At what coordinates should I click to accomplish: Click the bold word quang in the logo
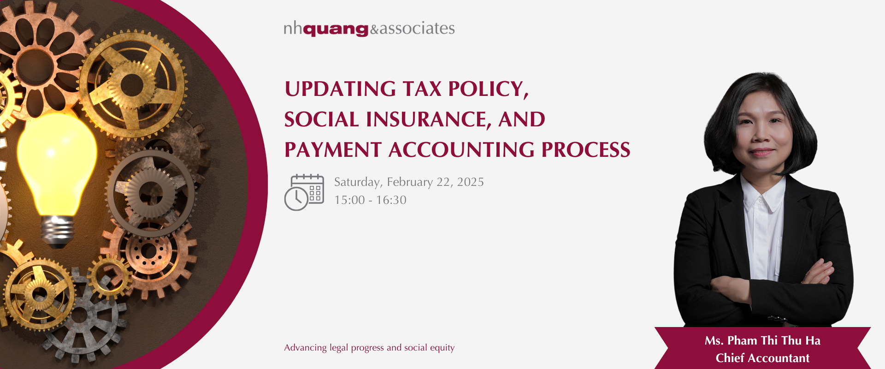[336, 30]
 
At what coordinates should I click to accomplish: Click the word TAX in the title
[422, 89]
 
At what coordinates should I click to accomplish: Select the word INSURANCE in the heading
[426, 119]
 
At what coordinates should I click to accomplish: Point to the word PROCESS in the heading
[586, 150]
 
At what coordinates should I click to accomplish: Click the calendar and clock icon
[304, 192]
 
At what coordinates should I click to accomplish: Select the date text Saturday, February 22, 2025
[409, 182]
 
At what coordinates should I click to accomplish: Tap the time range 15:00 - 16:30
[370, 200]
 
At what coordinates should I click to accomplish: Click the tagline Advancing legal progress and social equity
[369, 348]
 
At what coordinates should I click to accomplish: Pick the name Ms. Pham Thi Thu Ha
[762, 341]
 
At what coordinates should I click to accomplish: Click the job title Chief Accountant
[762, 358]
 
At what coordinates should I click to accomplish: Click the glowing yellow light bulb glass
[57, 161]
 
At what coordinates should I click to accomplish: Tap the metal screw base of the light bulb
[57, 231]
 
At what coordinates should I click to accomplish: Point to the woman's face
[761, 134]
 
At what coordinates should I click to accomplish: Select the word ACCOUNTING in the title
[461, 150]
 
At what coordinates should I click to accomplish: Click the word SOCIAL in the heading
[321, 119]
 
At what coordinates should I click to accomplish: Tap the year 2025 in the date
[470, 182]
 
